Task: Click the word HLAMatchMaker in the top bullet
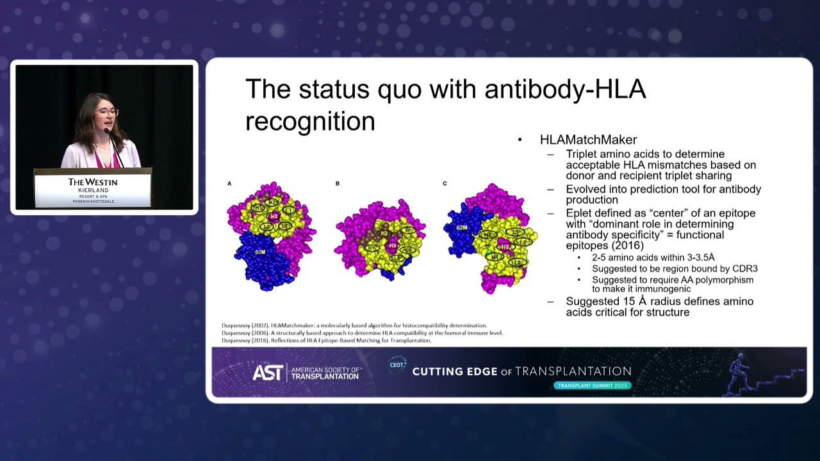coord(588,140)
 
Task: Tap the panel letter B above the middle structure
coord(338,184)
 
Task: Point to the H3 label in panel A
coord(274,216)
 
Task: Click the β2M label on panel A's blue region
coord(260,253)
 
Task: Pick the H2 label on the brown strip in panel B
coord(384,233)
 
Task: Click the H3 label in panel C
coord(505,247)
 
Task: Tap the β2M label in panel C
coord(461,227)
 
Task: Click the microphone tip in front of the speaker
coord(106,131)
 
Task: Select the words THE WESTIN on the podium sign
coord(93,182)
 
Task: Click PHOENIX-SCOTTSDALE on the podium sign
coord(93,202)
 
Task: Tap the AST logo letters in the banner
coord(267,373)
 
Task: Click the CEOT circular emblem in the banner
coord(397,366)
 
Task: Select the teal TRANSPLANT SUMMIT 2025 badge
coord(593,385)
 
